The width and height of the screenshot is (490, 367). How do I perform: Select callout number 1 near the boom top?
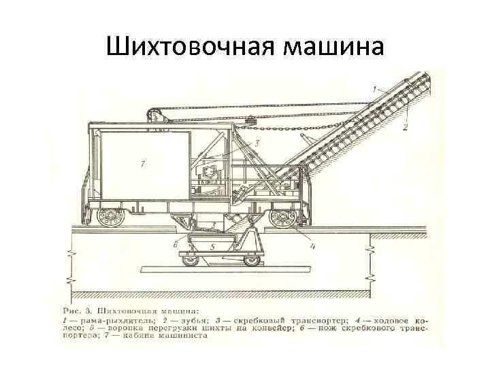(374, 88)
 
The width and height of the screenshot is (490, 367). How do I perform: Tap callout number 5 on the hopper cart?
(212, 247)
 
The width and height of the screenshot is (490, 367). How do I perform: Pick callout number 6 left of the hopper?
(176, 244)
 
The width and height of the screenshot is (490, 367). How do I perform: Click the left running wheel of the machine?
(107, 218)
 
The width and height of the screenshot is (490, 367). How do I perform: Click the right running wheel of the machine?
(280, 218)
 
